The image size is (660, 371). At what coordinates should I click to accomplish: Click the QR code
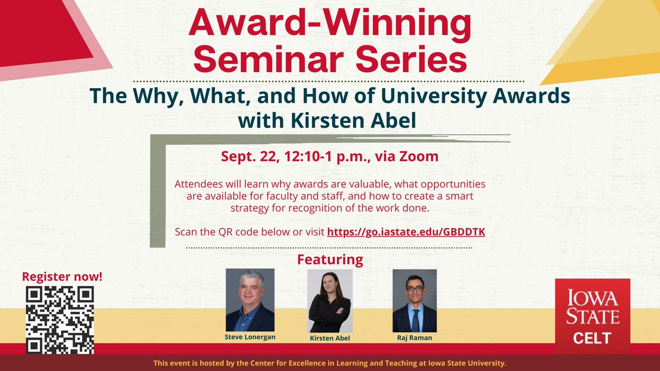click(x=60, y=320)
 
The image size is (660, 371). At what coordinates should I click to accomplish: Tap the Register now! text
click(x=62, y=276)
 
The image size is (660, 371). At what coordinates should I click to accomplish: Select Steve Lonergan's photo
click(x=250, y=300)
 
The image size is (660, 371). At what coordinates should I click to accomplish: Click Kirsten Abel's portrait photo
click(x=329, y=301)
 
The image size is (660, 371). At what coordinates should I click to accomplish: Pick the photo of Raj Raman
click(x=414, y=300)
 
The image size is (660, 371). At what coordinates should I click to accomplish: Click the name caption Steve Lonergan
click(x=250, y=336)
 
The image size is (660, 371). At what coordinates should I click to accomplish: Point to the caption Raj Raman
click(x=414, y=337)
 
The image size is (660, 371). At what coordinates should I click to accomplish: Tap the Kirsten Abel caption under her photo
click(x=329, y=338)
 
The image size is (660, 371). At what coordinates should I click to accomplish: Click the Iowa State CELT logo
click(x=592, y=315)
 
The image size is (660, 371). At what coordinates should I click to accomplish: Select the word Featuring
click(x=330, y=259)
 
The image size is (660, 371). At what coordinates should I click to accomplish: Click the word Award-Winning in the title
click(x=330, y=24)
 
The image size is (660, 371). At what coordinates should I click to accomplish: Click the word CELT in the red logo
click(x=592, y=337)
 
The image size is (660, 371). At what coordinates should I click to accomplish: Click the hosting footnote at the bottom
click(x=329, y=363)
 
